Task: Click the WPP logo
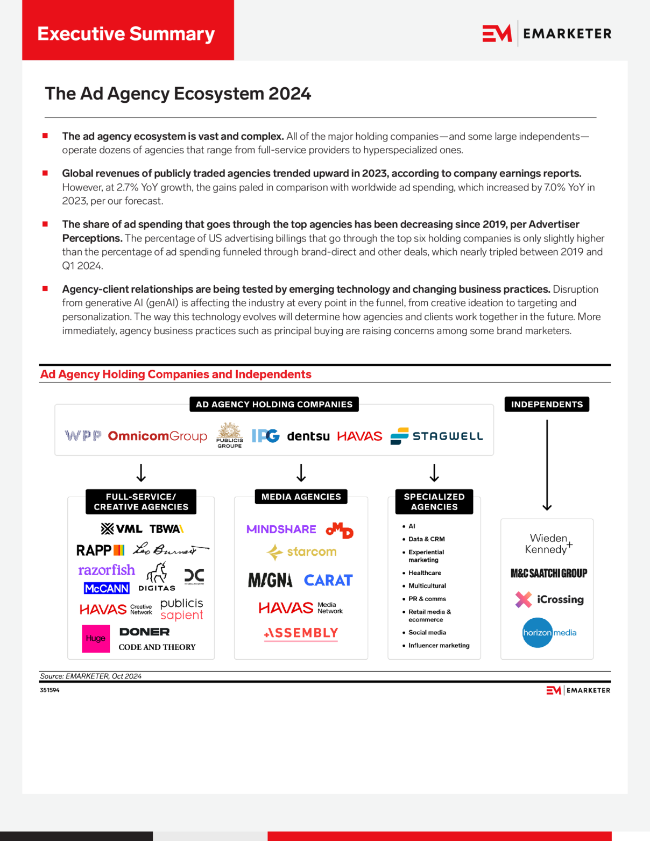click(83, 436)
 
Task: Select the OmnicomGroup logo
click(157, 436)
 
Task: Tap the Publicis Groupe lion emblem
click(229, 430)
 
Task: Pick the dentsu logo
click(308, 436)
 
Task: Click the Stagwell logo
click(436, 436)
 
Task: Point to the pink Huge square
click(96, 639)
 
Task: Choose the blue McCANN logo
click(107, 589)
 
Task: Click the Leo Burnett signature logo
click(170, 549)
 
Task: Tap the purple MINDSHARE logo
click(281, 529)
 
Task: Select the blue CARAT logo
click(328, 581)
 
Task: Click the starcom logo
click(302, 552)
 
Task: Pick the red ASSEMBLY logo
click(301, 633)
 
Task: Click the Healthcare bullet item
click(424, 573)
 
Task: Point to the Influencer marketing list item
click(439, 646)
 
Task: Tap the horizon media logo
click(549, 633)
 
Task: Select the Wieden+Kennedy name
click(548, 544)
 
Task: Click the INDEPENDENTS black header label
click(547, 405)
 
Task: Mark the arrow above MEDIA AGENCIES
click(301, 473)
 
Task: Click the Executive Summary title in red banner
click(126, 34)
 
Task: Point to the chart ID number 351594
click(50, 690)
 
